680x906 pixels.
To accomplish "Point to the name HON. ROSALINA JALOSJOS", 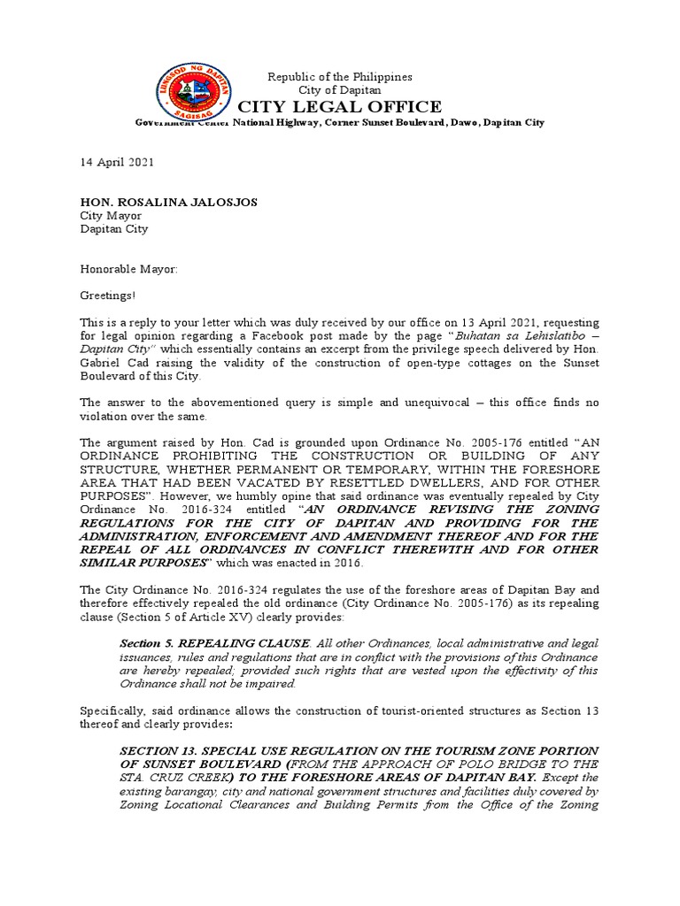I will pyautogui.click(x=169, y=202).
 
